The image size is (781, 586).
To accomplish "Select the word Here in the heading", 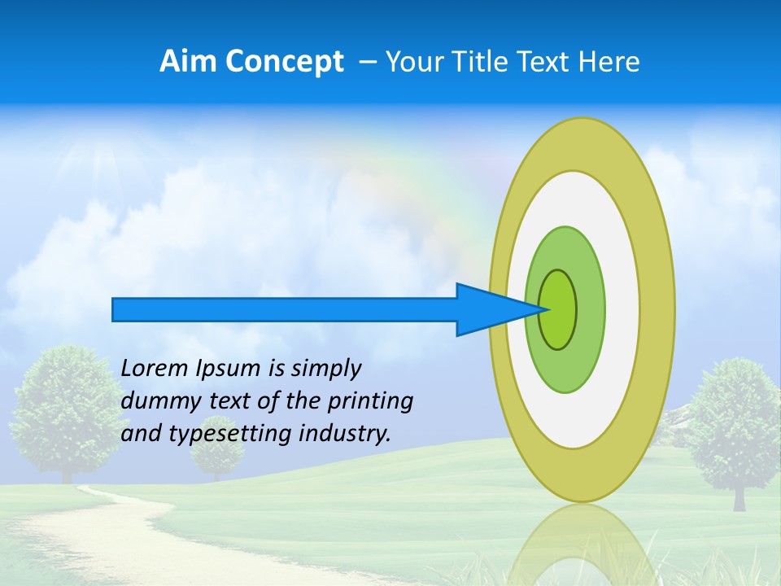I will click(x=609, y=62).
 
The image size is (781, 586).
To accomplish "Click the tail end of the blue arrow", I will click(x=114, y=309).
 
